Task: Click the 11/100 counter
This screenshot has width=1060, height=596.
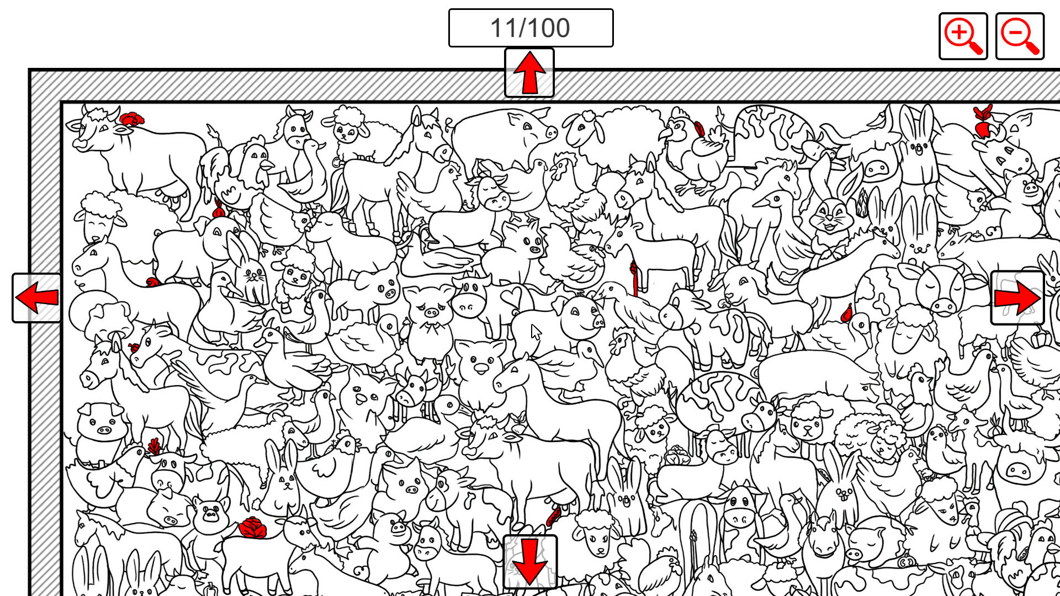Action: coord(531,28)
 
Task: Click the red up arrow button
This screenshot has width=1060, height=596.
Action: coord(529,73)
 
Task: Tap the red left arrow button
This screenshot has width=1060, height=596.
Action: coord(37,297)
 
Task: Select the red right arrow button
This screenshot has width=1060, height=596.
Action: coord(1017,298)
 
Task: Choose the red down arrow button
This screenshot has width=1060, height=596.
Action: coord(529,562)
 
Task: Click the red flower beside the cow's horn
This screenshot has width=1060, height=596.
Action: coord(132,119)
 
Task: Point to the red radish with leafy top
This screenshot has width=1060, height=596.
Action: coord(982,121)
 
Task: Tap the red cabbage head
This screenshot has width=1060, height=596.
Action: coord(253,528)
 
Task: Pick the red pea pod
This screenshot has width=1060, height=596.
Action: coord(553,517)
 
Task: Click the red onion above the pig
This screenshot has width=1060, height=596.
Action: coord(219,210)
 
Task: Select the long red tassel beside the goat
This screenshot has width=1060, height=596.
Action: coord(634,278)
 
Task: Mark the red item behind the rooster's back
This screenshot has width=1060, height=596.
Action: coord(699,129)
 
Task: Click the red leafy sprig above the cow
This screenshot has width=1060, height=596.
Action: coord(155,446)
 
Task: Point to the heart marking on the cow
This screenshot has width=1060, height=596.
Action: coord(511,296)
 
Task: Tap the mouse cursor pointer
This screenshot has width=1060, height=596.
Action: coord(536,332)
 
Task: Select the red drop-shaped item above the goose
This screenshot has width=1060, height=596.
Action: coord(846,313)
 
